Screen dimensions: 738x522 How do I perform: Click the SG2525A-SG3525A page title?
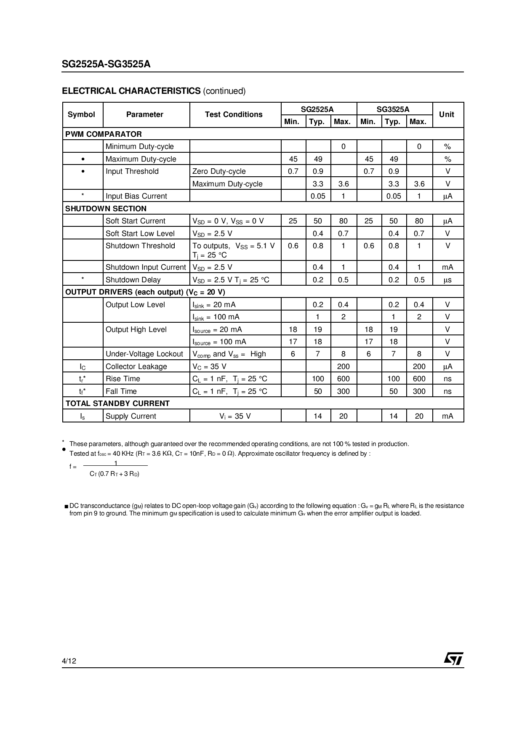(x=106, y=64)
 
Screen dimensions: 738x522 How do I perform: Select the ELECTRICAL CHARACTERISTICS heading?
(x=131, y=91)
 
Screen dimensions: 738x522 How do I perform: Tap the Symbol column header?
(x=81, y=114)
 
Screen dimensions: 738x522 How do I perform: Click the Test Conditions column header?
(x=234, y=114)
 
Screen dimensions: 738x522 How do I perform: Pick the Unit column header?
(x=447, y=114)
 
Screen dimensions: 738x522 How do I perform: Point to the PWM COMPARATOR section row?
(x=104, y=134)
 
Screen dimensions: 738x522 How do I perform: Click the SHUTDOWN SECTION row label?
(x=106, y=209)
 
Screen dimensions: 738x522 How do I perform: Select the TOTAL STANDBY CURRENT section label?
(x=117, y=404)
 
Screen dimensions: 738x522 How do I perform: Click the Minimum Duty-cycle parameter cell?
(x=139, y=146)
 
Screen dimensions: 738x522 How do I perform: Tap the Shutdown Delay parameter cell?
(x=133, y=280)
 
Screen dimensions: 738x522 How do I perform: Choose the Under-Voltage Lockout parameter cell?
(x=144, y=354)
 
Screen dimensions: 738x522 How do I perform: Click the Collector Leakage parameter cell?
(x=136, y=366)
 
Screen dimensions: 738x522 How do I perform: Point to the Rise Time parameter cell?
(x=123, y=379)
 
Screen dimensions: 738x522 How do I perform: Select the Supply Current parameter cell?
(x=131, y=416)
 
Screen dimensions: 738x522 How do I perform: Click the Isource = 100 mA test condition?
(x=219, y=342)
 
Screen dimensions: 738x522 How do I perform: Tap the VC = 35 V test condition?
(x=209, y=366)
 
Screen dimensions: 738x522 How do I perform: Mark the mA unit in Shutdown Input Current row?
(x=447, y=267)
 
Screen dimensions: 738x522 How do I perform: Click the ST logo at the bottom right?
(x=453, y=659)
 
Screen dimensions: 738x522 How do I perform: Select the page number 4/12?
(x=69, y=661)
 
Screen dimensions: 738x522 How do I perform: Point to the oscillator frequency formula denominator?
(x=115, y=474)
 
